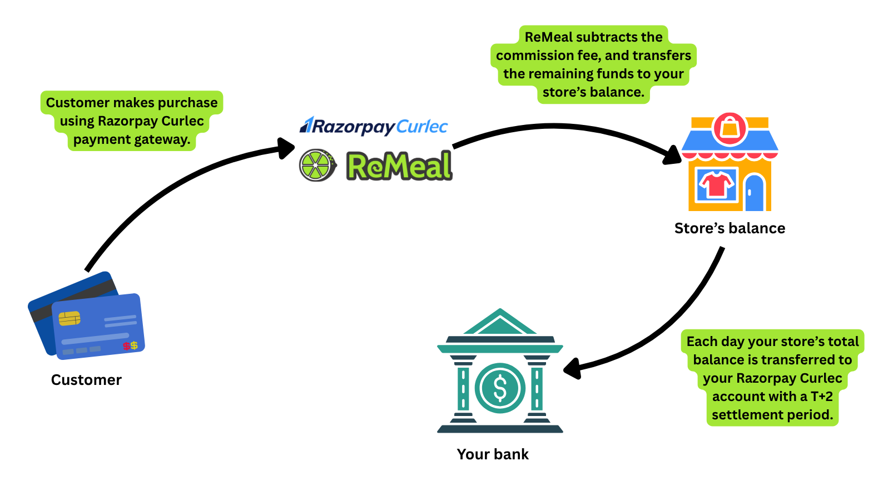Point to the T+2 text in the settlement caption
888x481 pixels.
pos(821,397)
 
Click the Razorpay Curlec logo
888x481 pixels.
pos(374,126)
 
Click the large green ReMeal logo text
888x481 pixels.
pos(399,166)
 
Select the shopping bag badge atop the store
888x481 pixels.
pos(730,129)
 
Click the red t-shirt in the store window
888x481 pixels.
pos(717,184)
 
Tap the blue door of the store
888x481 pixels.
pos(754,193)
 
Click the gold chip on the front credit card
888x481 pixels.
pos(70,318)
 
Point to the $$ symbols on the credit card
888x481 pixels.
pos(130,346)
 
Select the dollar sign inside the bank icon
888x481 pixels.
pos(500,388)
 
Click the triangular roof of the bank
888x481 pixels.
pos(500,322)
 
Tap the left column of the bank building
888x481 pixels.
pos(463,388)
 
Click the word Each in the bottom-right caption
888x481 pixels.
pos(702,342)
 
